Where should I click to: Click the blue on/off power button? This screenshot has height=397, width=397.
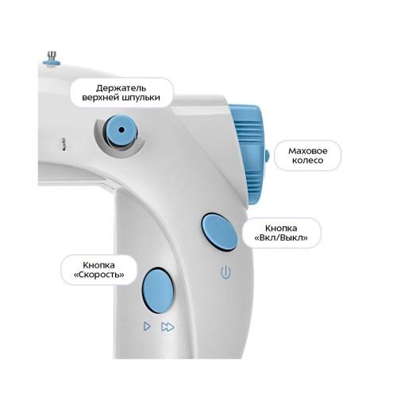[219, 233]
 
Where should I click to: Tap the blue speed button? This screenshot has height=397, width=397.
[158, 290]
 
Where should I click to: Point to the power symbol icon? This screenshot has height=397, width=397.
[225, 272]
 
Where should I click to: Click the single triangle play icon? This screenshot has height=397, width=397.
[147, 326]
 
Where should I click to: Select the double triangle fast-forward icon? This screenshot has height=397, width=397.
[168, 327]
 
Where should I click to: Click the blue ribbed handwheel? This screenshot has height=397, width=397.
[248, 154]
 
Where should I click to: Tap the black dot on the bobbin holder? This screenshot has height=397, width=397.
[121, 130]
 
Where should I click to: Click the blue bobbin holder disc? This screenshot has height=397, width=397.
[121, 130]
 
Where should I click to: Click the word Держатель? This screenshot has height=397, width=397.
[121, 87]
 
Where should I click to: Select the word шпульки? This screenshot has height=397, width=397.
[141, 98]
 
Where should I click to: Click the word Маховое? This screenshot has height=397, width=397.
[308, 151]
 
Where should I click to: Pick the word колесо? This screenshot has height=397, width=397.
[308, 160]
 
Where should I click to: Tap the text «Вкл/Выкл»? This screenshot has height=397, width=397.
[281, 237]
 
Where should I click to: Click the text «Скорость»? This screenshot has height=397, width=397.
[98, 275]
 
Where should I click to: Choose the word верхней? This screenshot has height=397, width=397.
[100, 98]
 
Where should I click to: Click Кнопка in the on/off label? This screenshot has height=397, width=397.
[281, 228]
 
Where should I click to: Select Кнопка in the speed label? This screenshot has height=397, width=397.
[98, 265]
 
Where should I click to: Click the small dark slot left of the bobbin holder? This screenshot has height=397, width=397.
[64, 145]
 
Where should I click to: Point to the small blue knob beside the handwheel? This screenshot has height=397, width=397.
[268, 156]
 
